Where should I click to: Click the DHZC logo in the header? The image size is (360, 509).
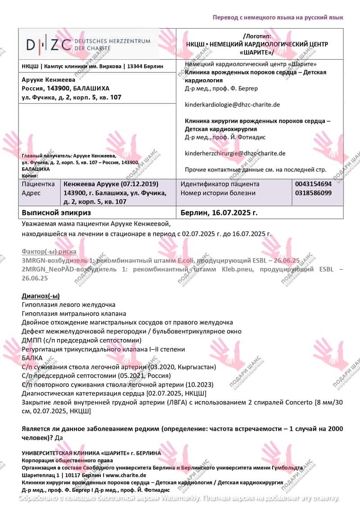(88, 44)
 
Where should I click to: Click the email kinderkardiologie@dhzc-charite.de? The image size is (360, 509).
(232, 104)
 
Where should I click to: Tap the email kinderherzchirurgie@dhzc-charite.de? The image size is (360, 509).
(235, 153)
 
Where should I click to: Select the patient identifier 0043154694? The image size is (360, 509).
(313, 184)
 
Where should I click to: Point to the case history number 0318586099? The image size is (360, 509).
(313, 193)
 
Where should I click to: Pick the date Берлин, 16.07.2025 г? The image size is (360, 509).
(219, 212)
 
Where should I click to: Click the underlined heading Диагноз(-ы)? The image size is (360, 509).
(40, 295)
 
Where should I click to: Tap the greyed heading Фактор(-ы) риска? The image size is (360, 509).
(49, 251)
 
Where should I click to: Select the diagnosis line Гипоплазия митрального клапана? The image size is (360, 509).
(74, 313)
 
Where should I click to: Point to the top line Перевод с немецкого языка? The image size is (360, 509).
(278, 17)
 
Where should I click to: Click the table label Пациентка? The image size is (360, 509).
(38, 184)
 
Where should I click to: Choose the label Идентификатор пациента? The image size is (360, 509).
(220, 184)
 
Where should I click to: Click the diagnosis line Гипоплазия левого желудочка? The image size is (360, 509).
(68, 304)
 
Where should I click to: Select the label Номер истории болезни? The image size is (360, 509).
(218, 193)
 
